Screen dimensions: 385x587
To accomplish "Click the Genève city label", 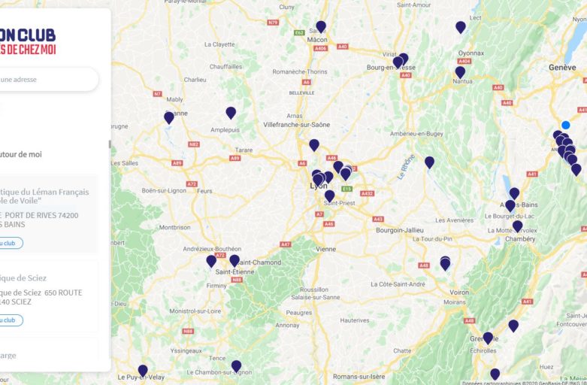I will point(562,67).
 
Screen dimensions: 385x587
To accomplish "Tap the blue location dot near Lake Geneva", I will point(565,125).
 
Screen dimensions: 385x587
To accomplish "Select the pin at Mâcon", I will point(321,27).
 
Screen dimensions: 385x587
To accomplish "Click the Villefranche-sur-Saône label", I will point(297,124).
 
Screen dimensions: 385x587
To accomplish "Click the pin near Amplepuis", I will point(231,113).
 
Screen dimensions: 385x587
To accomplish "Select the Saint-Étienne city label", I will point(233,271).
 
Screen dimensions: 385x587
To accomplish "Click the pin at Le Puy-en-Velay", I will point(143,370).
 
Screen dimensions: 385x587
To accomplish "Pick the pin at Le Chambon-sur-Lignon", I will point(236,366).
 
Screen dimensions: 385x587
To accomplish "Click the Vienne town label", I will point(326,248).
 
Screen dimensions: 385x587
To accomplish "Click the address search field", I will point(45,79).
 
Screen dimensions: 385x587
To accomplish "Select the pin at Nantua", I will point(460,72).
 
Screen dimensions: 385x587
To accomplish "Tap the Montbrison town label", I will point(174,226).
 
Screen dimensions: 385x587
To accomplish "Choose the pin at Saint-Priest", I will point(329,196).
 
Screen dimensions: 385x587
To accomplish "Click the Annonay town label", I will point(287,326).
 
